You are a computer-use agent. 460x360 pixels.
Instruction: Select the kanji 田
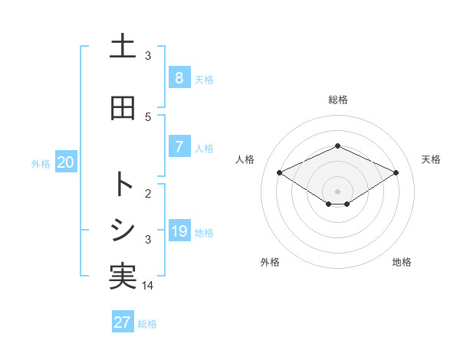coord(123,108)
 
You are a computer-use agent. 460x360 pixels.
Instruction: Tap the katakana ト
coord(123,185)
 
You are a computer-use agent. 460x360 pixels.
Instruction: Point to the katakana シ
coord(123,229)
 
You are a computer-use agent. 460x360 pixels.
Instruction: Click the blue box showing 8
coord(179,78)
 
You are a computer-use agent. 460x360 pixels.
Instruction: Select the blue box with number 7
coord(179,147)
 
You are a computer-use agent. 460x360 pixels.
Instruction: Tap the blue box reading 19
coord(179,231)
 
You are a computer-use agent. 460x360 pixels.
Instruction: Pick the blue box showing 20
coord(66,162)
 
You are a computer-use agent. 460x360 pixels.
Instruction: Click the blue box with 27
coord(123,322)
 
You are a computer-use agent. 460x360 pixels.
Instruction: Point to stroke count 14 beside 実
coord(148,286)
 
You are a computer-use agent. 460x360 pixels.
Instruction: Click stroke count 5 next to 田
coord(148,116)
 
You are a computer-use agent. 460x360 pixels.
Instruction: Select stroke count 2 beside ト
coord(148,193)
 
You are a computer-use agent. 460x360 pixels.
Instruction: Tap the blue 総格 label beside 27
coord(147,324)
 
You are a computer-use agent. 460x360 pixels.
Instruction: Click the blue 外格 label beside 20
coord(41,164)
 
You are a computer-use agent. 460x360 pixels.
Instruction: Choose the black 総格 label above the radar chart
coord(338,100)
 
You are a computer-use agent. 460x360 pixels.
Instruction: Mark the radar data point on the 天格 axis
coord(396,172)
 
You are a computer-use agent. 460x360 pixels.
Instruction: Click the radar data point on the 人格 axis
coord(280,172)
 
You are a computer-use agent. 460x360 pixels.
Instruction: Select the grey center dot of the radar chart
coord(338,191)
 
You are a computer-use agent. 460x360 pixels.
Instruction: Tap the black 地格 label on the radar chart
coord(402,262)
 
